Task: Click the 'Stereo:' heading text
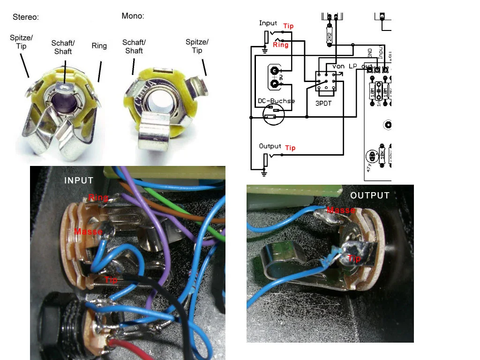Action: pyautogui.click(x=25, y=17)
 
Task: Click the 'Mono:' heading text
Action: pyautogui.click(x=133, y=16)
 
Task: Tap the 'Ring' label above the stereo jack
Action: pyautogui.click(x=99, y=46)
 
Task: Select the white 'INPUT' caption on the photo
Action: pyautogui.click(x=79, y=180)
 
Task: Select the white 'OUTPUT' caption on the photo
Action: pyautogui.click(x=370, y=195)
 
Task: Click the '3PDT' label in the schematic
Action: pyautogui.click(x=323, y=103)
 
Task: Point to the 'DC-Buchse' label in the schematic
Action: pyautogui.click(x=277, y=101)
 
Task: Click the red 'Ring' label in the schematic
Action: pyautogui.click(x=280, y=45)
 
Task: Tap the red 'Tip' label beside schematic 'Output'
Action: pyautogui.click(x=290, y=148)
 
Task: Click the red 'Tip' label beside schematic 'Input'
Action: pyautogui.click(x=288, y=26)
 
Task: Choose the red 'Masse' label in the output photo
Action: pyautogui.click(x=341, y=210)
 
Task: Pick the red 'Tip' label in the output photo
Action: pyautogui.click(x=354, y=258)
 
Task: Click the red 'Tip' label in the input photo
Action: pyautogui.click(x=111, y=279)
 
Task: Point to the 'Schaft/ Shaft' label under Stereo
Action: pyautogui.click(x=63, y=47)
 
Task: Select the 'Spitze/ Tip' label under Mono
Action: pyautogui.click(x=197, y=46)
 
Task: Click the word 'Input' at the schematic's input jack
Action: pyautogui.click(x=268, y=23)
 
